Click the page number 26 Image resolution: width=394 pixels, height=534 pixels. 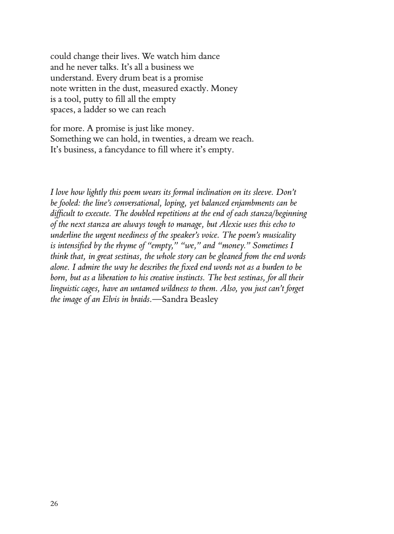54,504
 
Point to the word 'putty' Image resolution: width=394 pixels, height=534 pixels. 93,99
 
